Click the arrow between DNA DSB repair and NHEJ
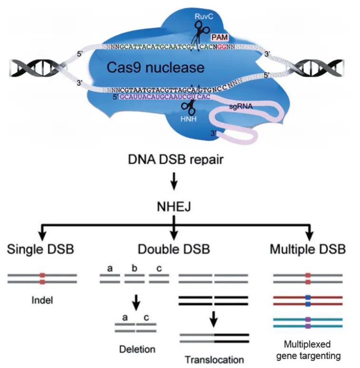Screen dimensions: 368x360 [x=174, y=182]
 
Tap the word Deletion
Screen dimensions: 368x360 [x=137, y=349]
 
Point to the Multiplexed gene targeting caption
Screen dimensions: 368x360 [x=308, y=349]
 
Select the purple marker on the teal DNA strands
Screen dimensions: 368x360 [x=308, y=323]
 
